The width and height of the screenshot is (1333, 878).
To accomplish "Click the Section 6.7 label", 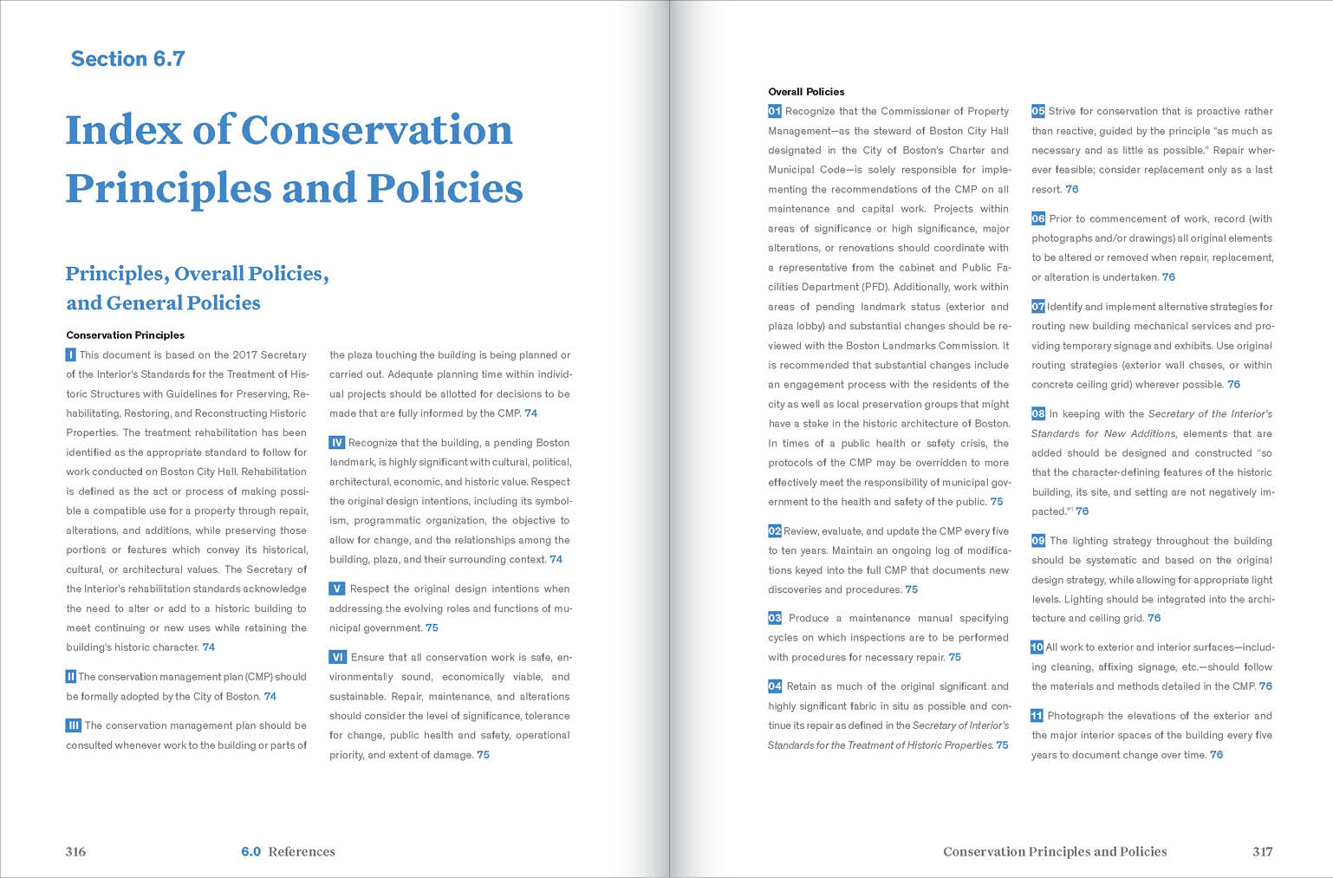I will tap(127, 59).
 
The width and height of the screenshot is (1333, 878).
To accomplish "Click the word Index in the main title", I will tap(124, 130).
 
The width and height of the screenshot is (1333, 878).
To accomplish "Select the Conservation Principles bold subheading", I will tap(125, 335).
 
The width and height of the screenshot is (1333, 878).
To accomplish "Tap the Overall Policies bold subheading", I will tap(806, 92).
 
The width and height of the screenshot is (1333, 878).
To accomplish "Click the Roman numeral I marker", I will tap(71, 354).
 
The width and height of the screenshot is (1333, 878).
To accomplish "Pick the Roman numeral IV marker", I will tap(337, 443).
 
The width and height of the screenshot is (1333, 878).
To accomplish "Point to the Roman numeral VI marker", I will tap(338, 658).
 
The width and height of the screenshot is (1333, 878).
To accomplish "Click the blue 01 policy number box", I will tap(775, 111).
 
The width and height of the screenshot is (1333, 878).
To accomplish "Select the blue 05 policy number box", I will tap(1038, 111).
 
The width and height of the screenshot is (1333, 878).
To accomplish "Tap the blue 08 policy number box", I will tap(1038, 413).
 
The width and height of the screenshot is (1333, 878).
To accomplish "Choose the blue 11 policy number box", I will tap(1037, 716).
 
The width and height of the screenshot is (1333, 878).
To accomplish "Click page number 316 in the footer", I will tap(75, 852).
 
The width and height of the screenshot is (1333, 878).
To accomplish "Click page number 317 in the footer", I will tap(1262, 852).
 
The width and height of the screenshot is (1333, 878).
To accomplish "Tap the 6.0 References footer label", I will tap(288, 852).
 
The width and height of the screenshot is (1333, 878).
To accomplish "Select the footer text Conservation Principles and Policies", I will tap(1055, 852).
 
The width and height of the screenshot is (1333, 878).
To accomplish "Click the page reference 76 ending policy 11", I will tap(1216, 755).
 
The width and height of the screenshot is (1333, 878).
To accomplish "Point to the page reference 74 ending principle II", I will tap(270, 697).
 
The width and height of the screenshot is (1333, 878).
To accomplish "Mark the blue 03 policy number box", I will tap(775, 618).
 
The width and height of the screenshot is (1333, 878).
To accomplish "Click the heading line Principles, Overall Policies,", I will tap(197, 274).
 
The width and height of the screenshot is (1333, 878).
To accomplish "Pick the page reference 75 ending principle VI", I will tap(483, 755).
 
